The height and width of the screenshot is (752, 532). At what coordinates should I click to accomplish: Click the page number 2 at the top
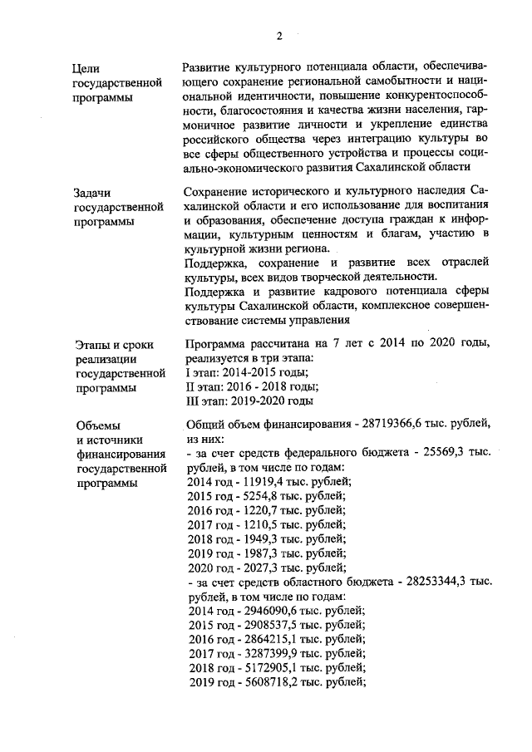(279, 35)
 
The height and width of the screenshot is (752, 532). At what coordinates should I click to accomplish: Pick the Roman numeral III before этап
(192, 401)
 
